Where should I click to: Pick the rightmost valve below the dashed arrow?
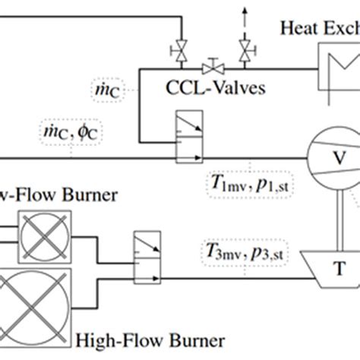click(x=245, y=52)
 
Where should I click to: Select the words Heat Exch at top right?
click(x=319, y=28)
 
